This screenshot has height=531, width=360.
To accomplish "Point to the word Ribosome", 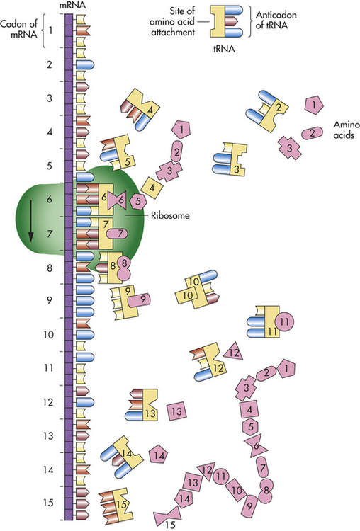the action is click(x=170, y=215).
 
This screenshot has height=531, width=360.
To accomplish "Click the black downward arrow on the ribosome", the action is click(x=31, y=221).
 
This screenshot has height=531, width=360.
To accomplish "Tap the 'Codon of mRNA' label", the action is click(x=18, y=29).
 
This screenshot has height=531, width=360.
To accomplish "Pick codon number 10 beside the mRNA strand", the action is click(x=48, y=335).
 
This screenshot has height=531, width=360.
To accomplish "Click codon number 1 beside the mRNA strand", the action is click(x=50, y=30).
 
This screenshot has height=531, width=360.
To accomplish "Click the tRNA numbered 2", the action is click(x=268, y=110).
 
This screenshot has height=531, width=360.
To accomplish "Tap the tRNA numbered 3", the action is click(x=230, y=159).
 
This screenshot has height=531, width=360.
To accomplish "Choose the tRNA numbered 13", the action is click(x=142, y=405).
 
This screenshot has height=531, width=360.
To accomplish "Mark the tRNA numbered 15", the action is click(x=114, y=506).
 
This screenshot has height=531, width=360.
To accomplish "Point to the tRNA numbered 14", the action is click(x=122, y=457).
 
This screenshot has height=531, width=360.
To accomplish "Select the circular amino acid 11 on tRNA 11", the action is click(x=284, y=321).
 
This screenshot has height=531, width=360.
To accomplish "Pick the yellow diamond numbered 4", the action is click(x=152, y=188).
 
